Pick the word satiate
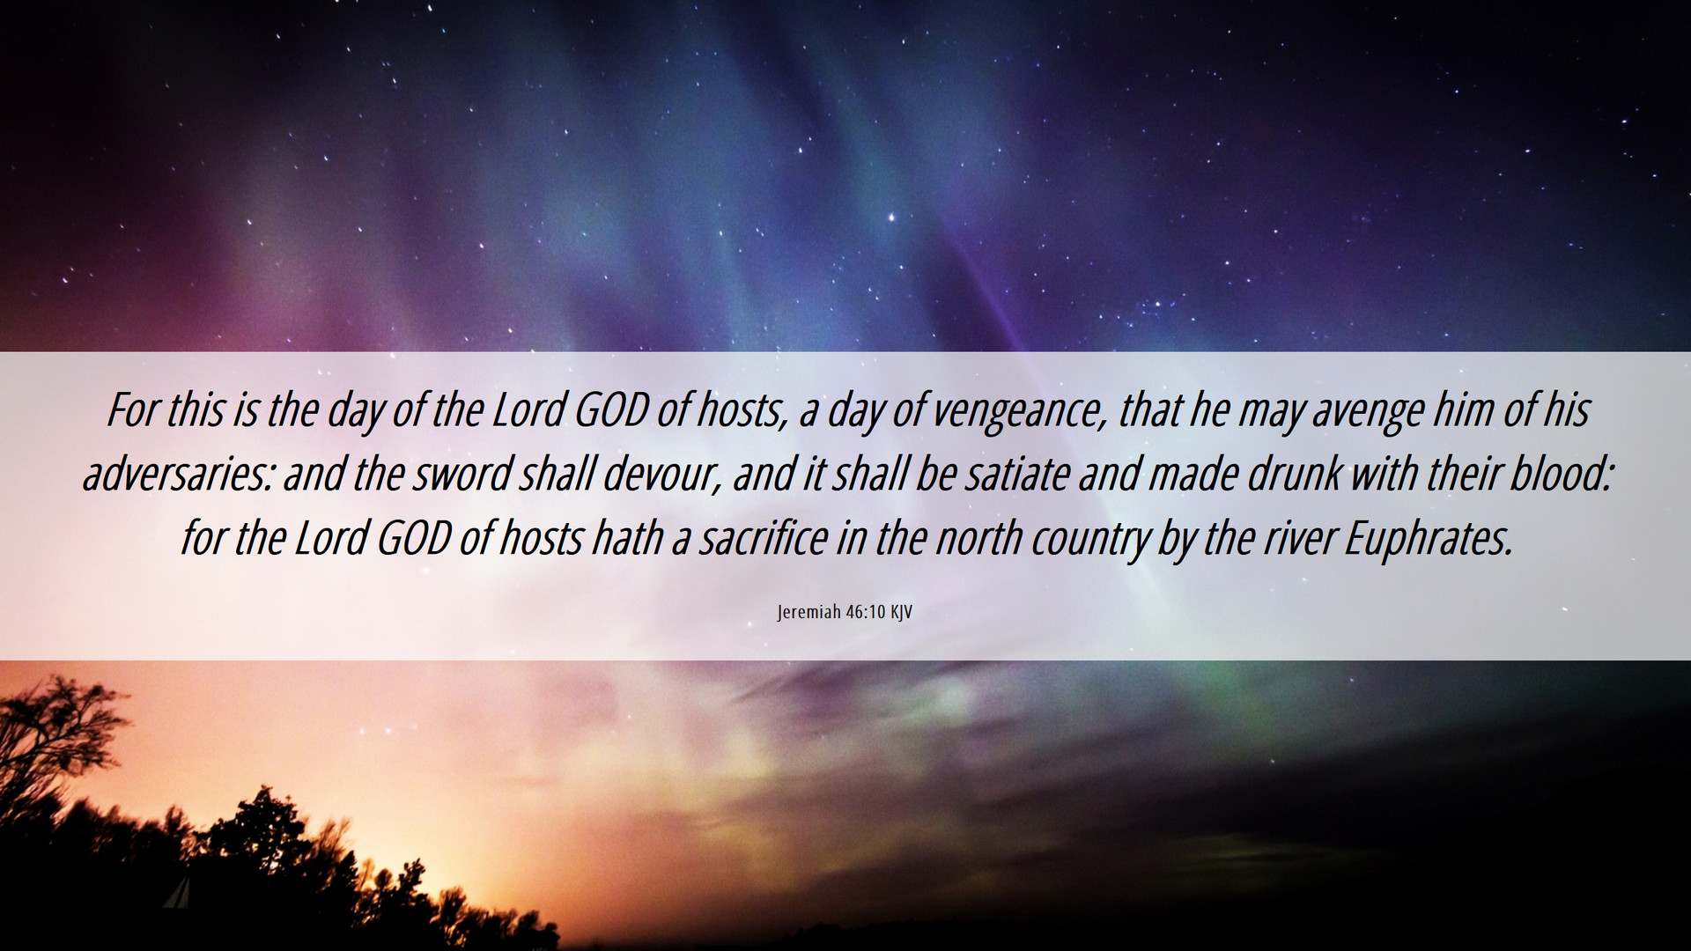1018,475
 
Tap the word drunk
1294,475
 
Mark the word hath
627,539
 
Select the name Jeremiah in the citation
809,612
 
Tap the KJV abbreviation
901,612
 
